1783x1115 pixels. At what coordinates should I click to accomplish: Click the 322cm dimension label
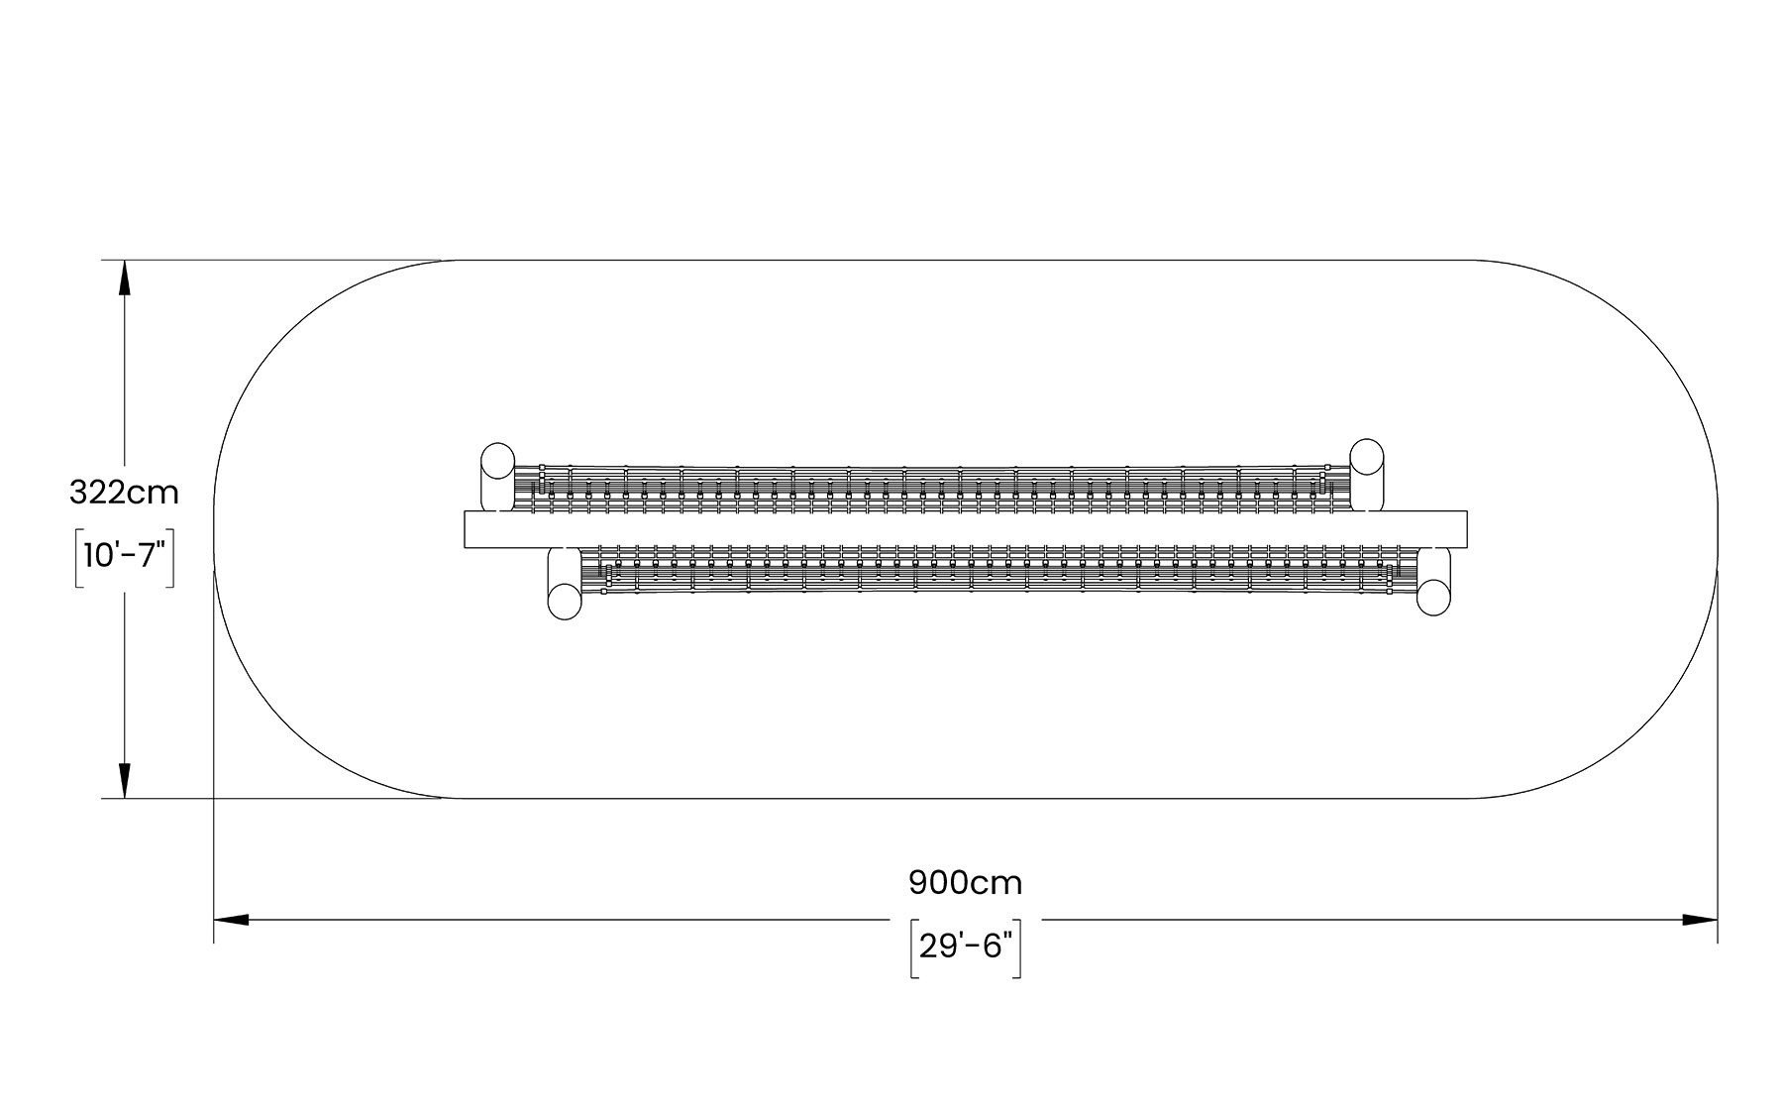coord(124,493)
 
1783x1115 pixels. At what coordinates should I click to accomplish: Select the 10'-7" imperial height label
coord(124,556)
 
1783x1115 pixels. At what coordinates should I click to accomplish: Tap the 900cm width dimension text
coord(966,882)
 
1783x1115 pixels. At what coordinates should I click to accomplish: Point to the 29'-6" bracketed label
coord(966,947)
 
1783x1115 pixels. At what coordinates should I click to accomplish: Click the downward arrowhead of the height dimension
coord(124,781)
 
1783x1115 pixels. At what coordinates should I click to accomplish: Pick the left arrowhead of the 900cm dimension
coord(232,920)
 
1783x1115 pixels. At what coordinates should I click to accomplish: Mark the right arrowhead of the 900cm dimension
coord(1700,920)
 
